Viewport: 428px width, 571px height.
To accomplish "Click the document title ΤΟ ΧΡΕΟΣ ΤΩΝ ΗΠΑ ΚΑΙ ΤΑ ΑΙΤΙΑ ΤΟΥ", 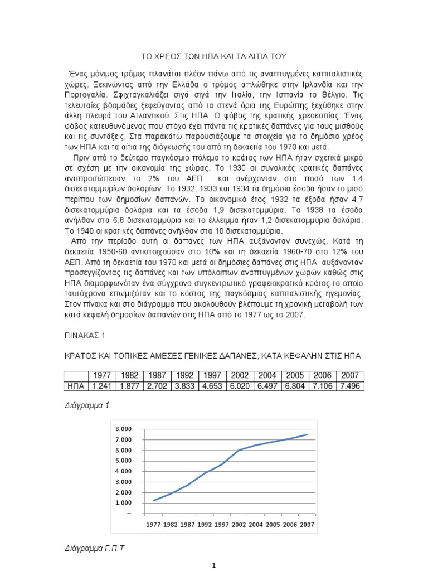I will click(x=213, y=56).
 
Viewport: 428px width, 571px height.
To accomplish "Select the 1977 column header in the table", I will click(x=102, y=375).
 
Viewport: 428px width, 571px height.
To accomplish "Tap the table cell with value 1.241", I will click(x=102, y=385).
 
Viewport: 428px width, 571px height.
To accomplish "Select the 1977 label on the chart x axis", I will click(x=154, y=525).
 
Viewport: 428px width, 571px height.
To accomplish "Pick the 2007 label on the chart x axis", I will click(x=307, y=525).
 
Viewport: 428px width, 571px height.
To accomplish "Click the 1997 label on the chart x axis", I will click(x=222, y=525).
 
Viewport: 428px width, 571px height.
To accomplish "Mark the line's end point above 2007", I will click(x=307, y=434).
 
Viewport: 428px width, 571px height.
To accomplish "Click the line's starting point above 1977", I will click(x=154, y=500).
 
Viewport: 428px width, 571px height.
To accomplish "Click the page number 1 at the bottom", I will click(x=214, y=565).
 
